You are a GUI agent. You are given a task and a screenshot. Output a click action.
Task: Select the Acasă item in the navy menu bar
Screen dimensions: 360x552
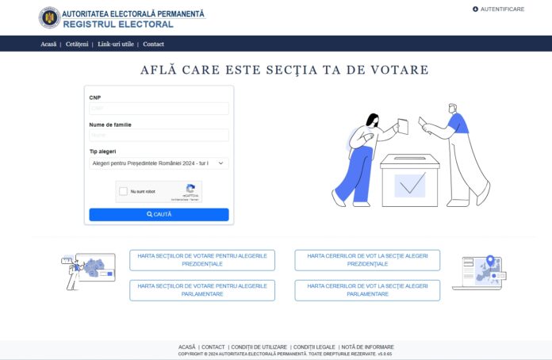48,44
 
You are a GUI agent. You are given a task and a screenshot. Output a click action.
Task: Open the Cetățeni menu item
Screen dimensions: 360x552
77,44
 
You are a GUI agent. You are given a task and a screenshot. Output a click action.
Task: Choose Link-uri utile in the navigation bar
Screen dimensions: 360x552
116,44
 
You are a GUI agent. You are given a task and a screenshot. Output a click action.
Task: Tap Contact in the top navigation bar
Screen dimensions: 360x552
154,44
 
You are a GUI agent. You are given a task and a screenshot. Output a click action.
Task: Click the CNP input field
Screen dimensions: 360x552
159,109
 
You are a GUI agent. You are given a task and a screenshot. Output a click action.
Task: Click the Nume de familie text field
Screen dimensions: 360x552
159,136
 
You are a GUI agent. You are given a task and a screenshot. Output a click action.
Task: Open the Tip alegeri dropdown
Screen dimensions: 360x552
159,163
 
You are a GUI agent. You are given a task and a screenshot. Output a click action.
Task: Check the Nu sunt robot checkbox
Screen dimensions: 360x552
123,191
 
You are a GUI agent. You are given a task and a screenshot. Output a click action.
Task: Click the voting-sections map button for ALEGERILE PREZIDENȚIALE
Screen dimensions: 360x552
202,260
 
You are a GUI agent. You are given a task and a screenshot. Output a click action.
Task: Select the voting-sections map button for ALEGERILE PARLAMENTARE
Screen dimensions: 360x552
202,289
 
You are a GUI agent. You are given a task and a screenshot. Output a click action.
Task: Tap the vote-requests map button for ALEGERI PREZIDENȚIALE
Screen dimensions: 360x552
367,260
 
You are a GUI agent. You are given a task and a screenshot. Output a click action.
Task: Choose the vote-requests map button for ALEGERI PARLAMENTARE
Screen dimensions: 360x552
367,289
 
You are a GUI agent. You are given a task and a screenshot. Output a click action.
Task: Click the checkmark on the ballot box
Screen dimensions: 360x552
410,186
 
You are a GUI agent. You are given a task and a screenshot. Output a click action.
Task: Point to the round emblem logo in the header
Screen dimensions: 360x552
49,17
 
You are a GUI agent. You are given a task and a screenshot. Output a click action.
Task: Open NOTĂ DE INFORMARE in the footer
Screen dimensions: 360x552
367,347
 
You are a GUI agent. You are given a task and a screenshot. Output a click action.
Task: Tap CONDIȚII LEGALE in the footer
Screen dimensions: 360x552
315,347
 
